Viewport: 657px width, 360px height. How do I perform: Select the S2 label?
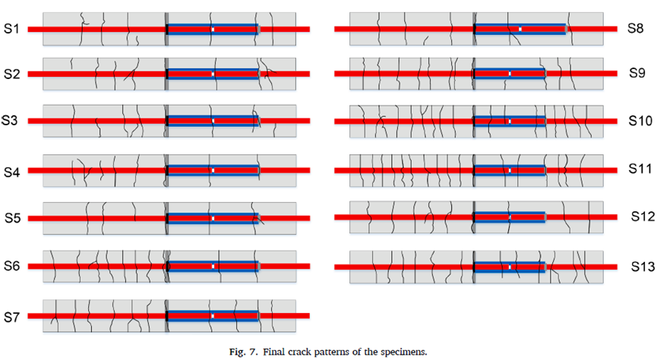[13, 74]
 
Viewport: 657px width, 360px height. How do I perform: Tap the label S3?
[11, 120]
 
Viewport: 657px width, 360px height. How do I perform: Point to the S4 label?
[13, 172]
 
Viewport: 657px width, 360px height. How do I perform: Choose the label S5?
[13, 219]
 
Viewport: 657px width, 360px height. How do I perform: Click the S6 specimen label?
[13, 267]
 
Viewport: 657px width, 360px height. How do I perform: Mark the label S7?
[13, 315]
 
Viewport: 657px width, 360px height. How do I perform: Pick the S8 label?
[636, 28]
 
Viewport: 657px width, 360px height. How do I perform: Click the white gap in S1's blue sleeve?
[213, 30]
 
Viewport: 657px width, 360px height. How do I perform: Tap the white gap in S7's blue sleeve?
[213, 315]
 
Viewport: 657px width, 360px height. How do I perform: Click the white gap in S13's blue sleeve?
[510, 267]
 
